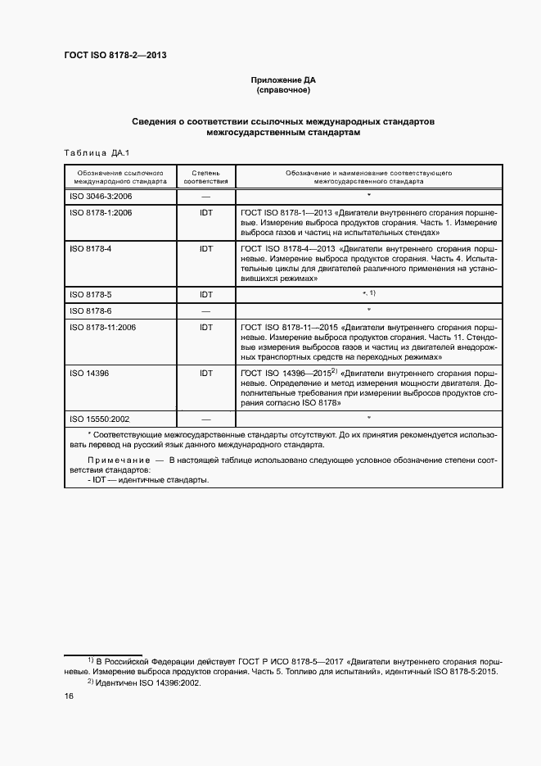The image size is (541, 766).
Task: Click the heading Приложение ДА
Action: (x=282, y=80)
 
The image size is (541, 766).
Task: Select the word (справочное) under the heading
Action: (x=282, y=90)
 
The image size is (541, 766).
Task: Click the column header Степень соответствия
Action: (x=205, y=178)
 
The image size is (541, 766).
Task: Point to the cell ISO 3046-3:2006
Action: (x=101, y=197)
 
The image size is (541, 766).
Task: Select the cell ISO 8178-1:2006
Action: (x=101, y=212)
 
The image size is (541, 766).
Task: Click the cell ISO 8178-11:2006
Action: (x=103, y=326)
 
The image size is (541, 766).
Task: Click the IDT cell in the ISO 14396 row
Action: (x=206, y=372)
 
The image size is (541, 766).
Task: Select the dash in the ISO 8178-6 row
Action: (x=206, y=310)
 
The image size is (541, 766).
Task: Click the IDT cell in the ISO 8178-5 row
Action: (x=206, y=294)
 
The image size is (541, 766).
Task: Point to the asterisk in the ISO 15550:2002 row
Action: (x=369, y=418)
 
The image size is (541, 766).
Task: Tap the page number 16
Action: (x=69, y=696)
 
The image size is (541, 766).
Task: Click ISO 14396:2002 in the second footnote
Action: (x=172, y=682)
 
